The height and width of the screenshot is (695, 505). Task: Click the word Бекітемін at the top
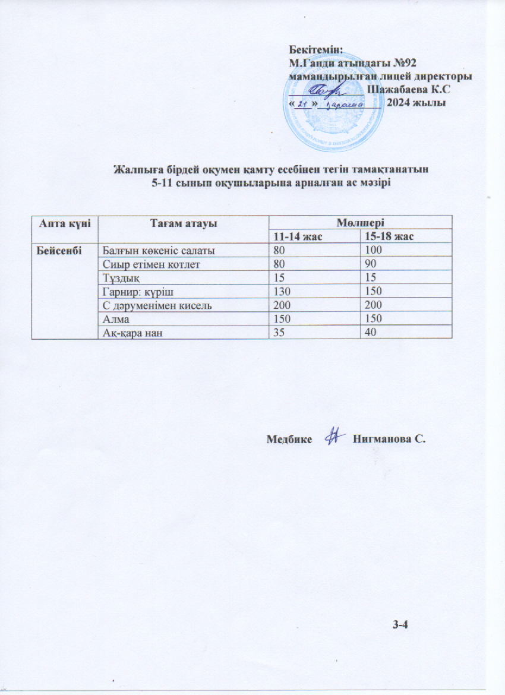pyautogui.click(x=317, y=49)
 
